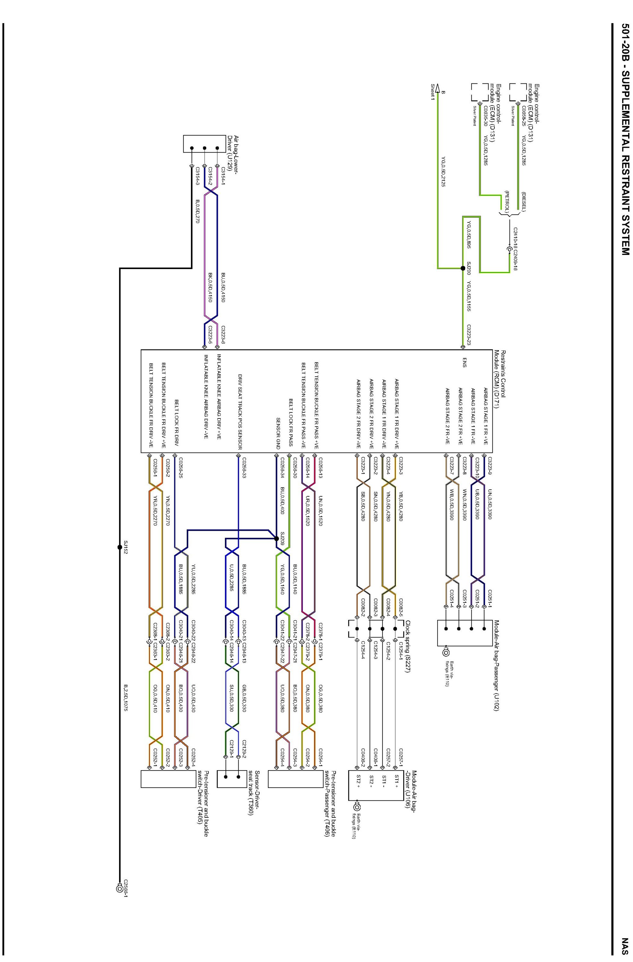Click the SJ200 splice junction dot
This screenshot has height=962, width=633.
(x=463, y=268)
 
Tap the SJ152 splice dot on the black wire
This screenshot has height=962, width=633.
(x=120, y=547)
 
